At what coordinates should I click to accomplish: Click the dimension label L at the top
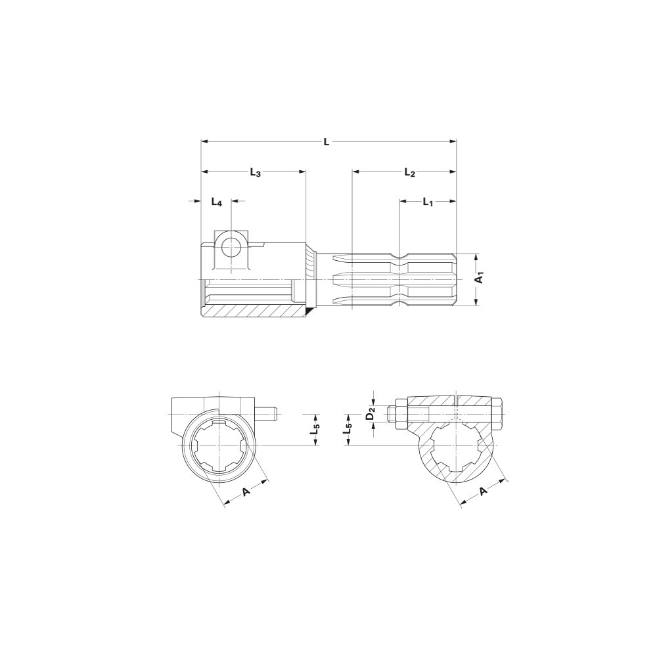(327, 142)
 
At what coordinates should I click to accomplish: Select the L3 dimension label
(255, 172)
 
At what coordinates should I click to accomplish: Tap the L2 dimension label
(409, 172)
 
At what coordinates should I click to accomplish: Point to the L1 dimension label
(428, 202)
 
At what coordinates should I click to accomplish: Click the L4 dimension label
(216, 202)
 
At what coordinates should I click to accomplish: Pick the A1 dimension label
(481, 277)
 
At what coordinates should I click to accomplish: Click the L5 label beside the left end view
(316, 430)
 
